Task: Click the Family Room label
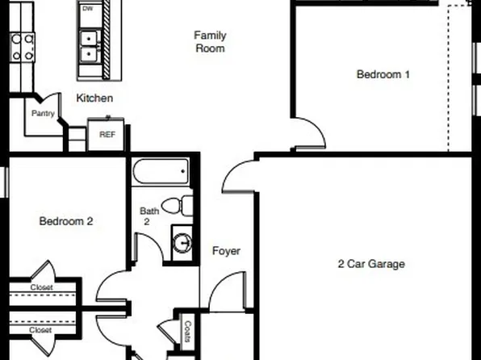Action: (x=210, y=41)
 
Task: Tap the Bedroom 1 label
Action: (x=383, y=74)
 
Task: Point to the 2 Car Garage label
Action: (x=370, y=263)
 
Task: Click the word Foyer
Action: (x=226, y=251)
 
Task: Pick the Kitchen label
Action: (x=94, y=98)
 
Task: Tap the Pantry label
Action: (x=43, y=114)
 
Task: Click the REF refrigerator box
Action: (x=107, y=135)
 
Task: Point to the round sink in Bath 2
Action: (x=183, y=241)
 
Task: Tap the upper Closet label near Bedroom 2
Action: (x=41, y=288)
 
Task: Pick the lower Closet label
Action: (x=41, y=330)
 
